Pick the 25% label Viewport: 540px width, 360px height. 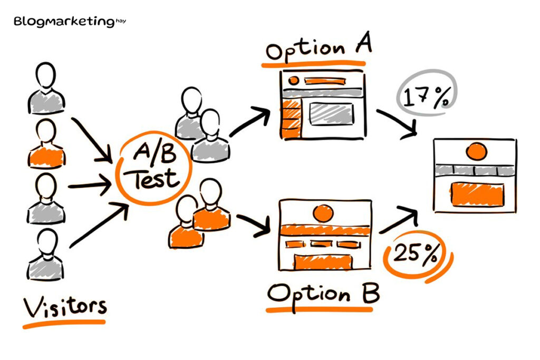pyautogui.click(x=416, y=255)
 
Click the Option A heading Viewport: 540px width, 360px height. pyautogui.click(x=319, y=50)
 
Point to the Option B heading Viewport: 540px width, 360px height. pyautogui.click(x=323, y=293)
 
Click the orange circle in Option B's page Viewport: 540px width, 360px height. pyautogui.click(x=322, y=213)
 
